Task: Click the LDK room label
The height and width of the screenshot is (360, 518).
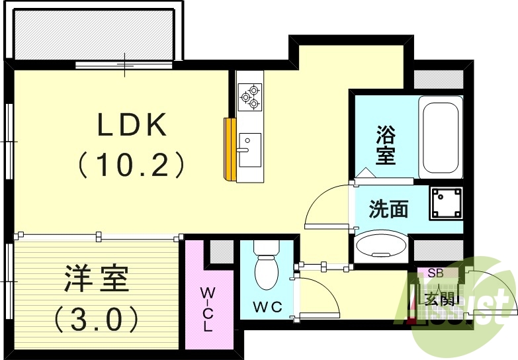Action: [x=132, y=125]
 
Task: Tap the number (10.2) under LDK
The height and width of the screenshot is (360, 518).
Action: [x=132, y=165]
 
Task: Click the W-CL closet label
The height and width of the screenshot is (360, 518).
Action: [x=208, y=308]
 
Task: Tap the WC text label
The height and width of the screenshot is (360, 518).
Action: [x=267, y=307]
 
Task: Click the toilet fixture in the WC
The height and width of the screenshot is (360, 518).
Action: [x=267, y=265]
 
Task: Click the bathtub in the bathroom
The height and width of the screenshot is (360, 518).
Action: [x=440, y=136]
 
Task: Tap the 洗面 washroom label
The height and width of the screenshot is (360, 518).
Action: [x=388, y=210]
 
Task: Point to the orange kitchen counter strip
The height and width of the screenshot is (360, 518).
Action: [x=230, y=149]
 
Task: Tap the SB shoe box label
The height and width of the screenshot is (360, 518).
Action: [x=435, y=272]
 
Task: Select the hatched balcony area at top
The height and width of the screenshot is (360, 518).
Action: [x=93, y=33]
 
